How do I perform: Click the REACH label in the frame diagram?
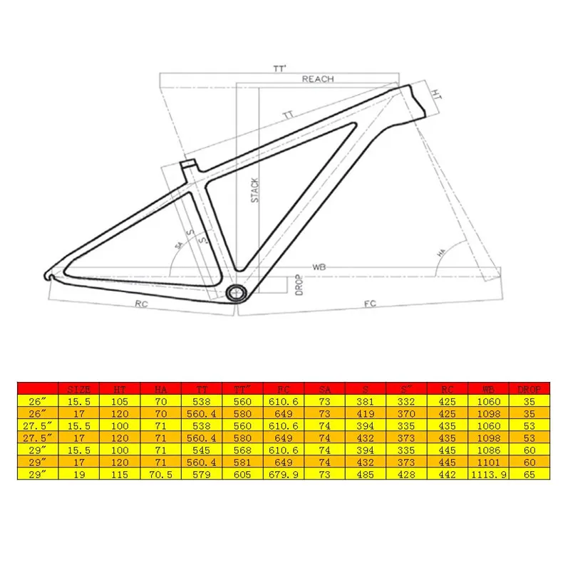coord(317,79)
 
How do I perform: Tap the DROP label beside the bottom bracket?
coord(299,284)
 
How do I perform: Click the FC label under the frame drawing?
coord(370,304)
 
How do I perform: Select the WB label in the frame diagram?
coord(319,268)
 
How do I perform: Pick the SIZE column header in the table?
coord(78,389)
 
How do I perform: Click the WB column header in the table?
coord(488,389)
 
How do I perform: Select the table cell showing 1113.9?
coord(488,475)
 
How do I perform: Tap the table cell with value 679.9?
coord(284,475)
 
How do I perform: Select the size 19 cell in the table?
coord(78,475)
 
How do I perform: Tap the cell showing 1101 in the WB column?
coord(488,463)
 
